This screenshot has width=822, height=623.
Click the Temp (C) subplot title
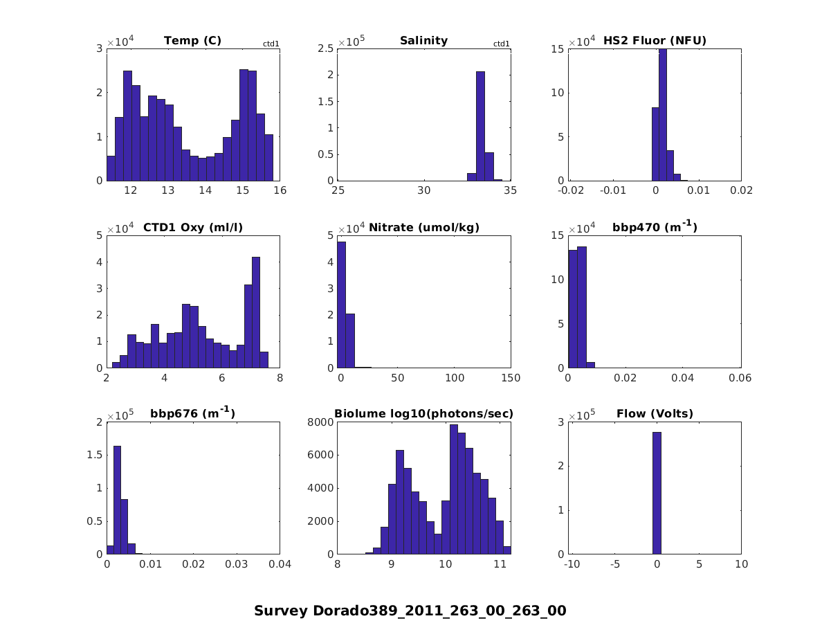(x=192, y=41)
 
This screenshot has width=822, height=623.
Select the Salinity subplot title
(x=423, y=41)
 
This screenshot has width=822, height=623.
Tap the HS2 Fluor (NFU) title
(x=655, y=41)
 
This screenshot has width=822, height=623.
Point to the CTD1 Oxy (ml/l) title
(x=192, y=228)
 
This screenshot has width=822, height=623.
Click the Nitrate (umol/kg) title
(x=423, y=228)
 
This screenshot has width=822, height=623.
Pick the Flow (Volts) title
(x=655, y=414)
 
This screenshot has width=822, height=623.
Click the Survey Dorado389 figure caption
(x=410, y=611)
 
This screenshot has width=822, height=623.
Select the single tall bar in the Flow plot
(x=657, y=493)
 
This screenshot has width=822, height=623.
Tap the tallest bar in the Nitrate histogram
(x=342, y=305)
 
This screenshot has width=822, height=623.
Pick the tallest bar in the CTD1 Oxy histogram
(x=255, y=312)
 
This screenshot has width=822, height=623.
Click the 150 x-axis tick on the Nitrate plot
(x=511, y=378)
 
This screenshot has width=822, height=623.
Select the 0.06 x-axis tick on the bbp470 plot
(x=740, y=378)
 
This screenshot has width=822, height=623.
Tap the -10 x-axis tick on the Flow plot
(x=572, y=564)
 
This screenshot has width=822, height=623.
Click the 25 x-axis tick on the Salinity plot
(x=339, y=190)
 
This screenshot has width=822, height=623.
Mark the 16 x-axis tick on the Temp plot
(x=280, y=190)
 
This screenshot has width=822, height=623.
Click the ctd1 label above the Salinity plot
(x=501, y=44)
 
